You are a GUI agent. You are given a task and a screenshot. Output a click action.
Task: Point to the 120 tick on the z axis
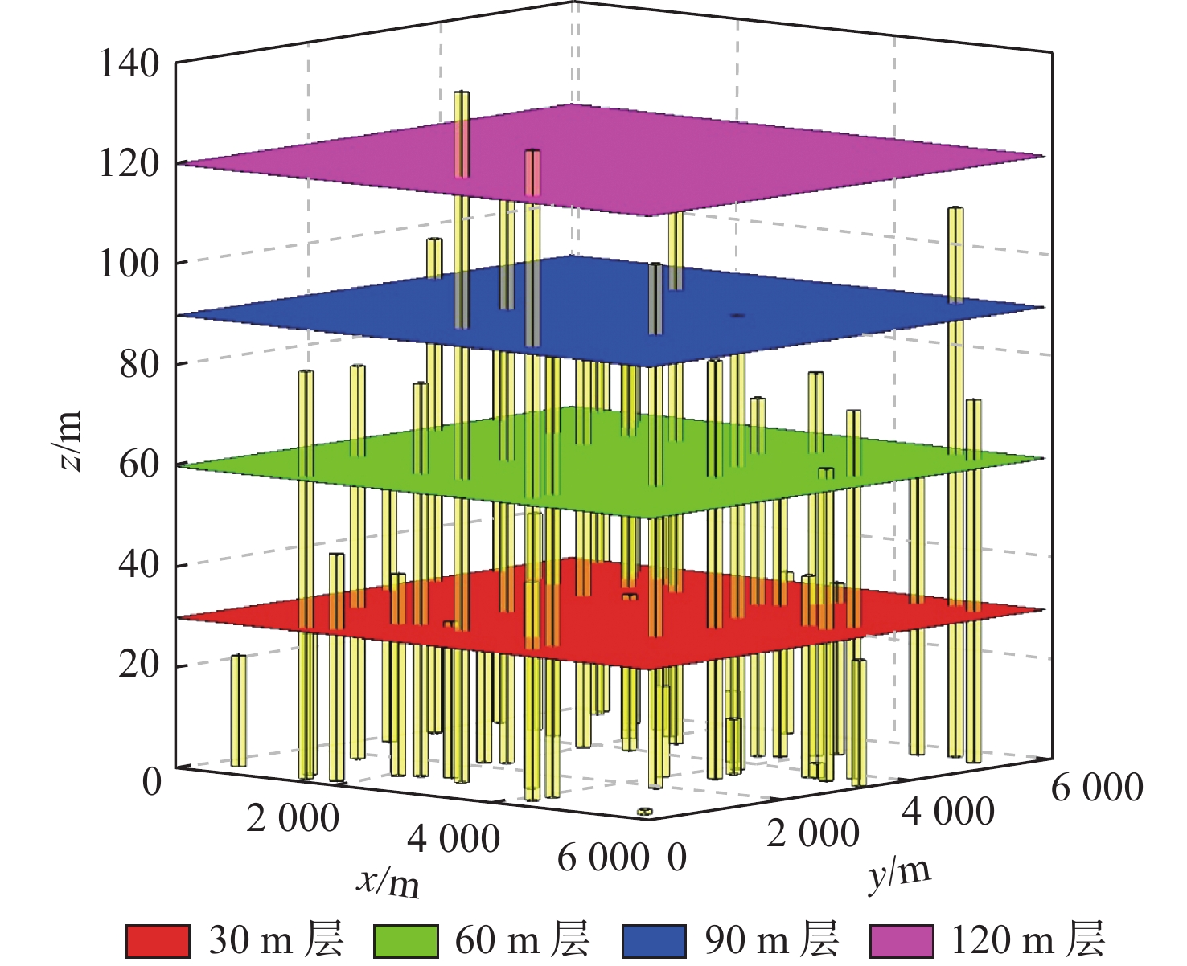tap(129, 164)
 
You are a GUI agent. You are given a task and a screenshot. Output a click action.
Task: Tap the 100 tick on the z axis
tap(129, 264)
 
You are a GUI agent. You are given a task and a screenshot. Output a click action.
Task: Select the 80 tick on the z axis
tap(138, 364)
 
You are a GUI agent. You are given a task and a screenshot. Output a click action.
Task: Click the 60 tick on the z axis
tap(138, 465)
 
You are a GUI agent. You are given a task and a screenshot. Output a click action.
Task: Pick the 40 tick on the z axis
tap(138, 565)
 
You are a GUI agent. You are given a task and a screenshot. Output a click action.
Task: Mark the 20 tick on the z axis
tap(138, 665)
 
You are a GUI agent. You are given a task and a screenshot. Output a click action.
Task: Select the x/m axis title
tap(388, 882)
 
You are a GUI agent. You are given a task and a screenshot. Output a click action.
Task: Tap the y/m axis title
tap(899, 874)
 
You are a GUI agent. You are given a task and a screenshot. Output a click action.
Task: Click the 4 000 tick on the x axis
tap(454, 839)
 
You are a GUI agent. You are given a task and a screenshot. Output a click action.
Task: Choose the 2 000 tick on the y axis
tap(812, 833)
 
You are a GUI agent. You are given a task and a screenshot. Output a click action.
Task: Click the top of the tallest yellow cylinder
tap(462, 93)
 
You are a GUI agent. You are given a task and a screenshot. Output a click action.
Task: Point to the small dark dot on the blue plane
tap(737, 316)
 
